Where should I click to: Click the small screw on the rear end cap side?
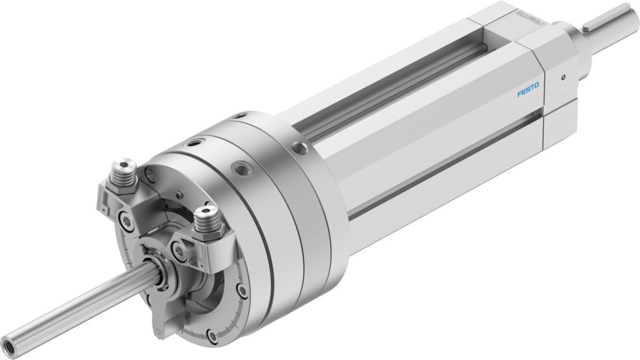pyautogui.click(x=564, y=76)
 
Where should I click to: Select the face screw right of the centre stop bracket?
pyautogui.click(x=242, y=291)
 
